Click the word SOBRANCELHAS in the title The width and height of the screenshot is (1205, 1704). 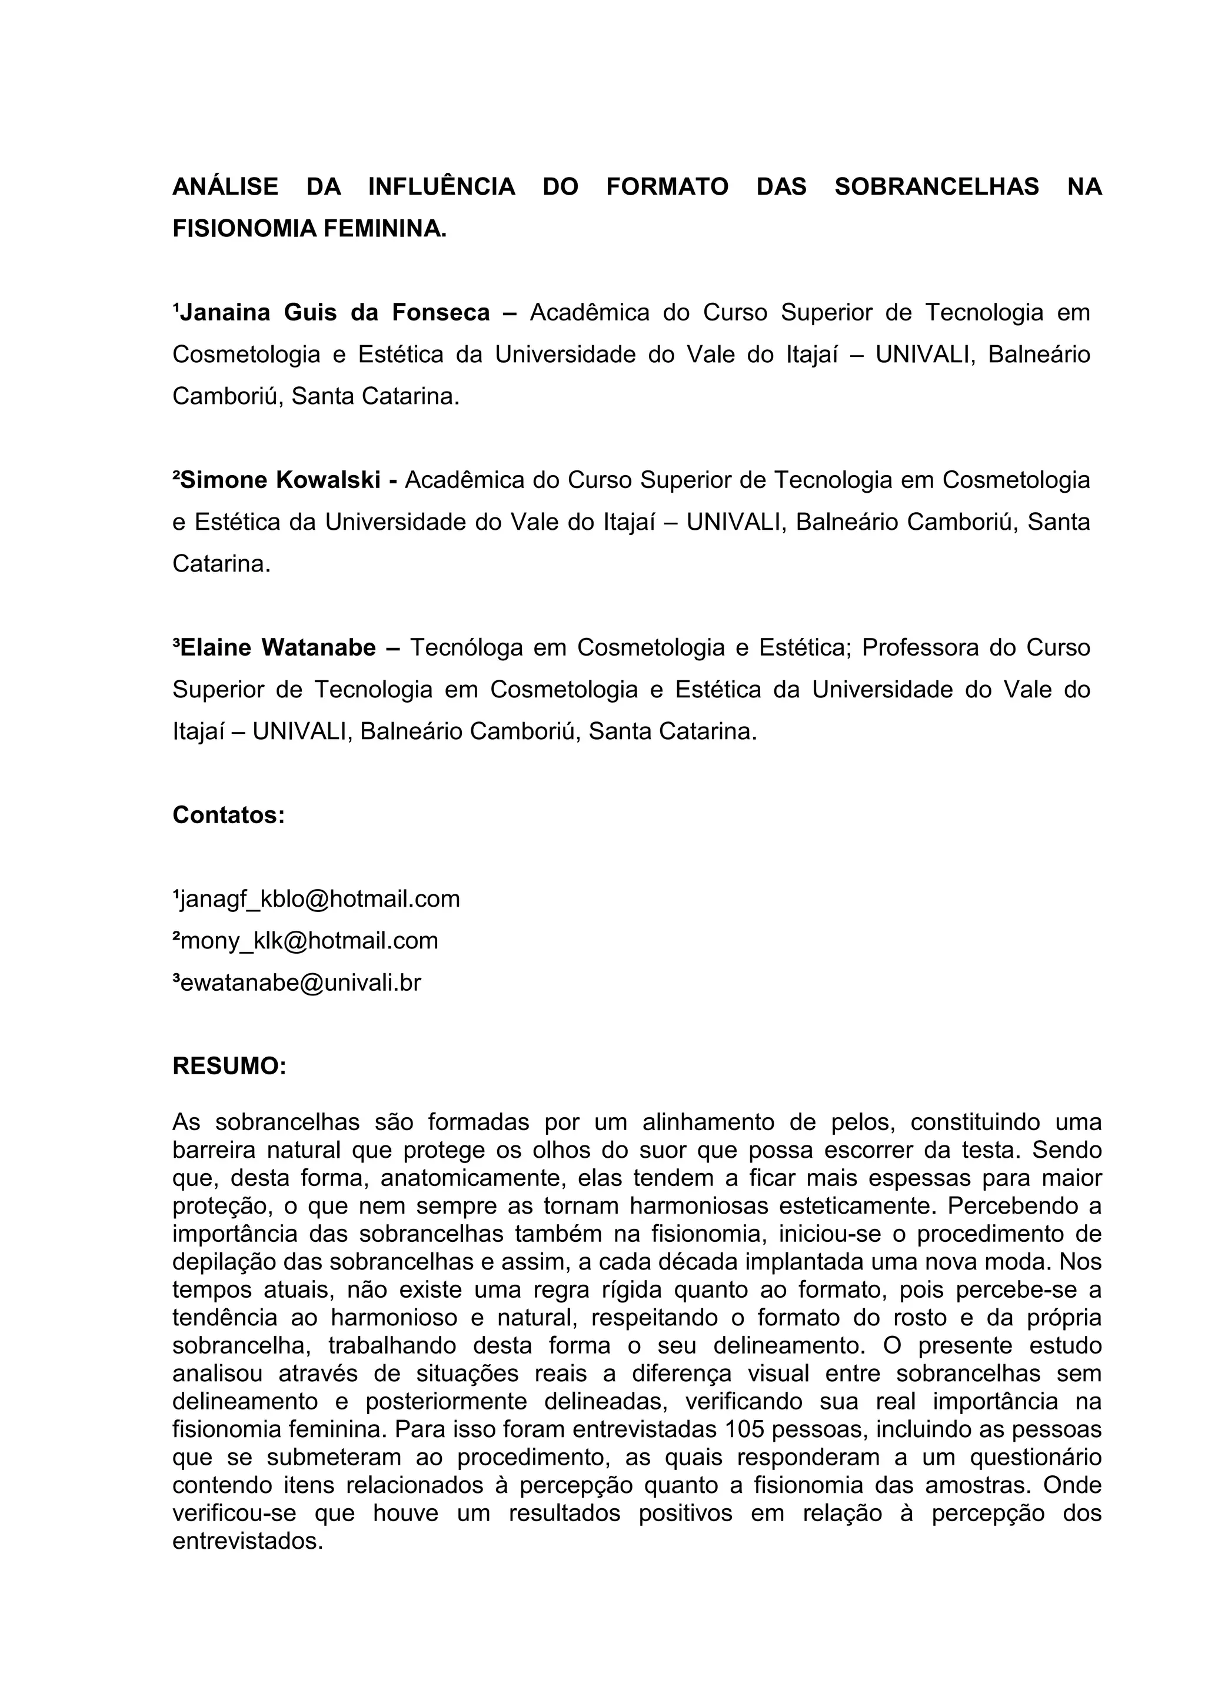tap(936, 187)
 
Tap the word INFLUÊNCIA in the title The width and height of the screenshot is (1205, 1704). tap(441, 187)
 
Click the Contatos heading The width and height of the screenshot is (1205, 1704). tap(229, 816)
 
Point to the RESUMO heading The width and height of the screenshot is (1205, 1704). tap(229, 1067)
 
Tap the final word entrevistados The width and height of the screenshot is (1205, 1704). tap(247, 1542)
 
